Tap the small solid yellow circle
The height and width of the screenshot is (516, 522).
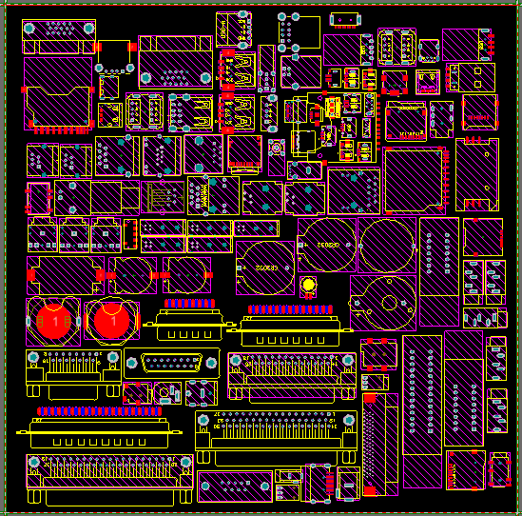[x=308, y=286]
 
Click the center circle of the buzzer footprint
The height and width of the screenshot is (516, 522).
[x=388, y=304]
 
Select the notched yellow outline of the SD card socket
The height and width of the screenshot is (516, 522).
[x=57, y=95]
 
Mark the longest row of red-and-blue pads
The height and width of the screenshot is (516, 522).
[x=106, y=411]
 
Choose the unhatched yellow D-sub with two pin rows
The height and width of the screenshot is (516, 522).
[x=171, y=362]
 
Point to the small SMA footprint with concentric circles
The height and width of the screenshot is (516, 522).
[x=278, y=149]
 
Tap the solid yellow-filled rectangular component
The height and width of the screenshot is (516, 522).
[x=333, y=109]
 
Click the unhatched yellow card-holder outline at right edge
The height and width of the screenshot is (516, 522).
[x=476, y=173]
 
